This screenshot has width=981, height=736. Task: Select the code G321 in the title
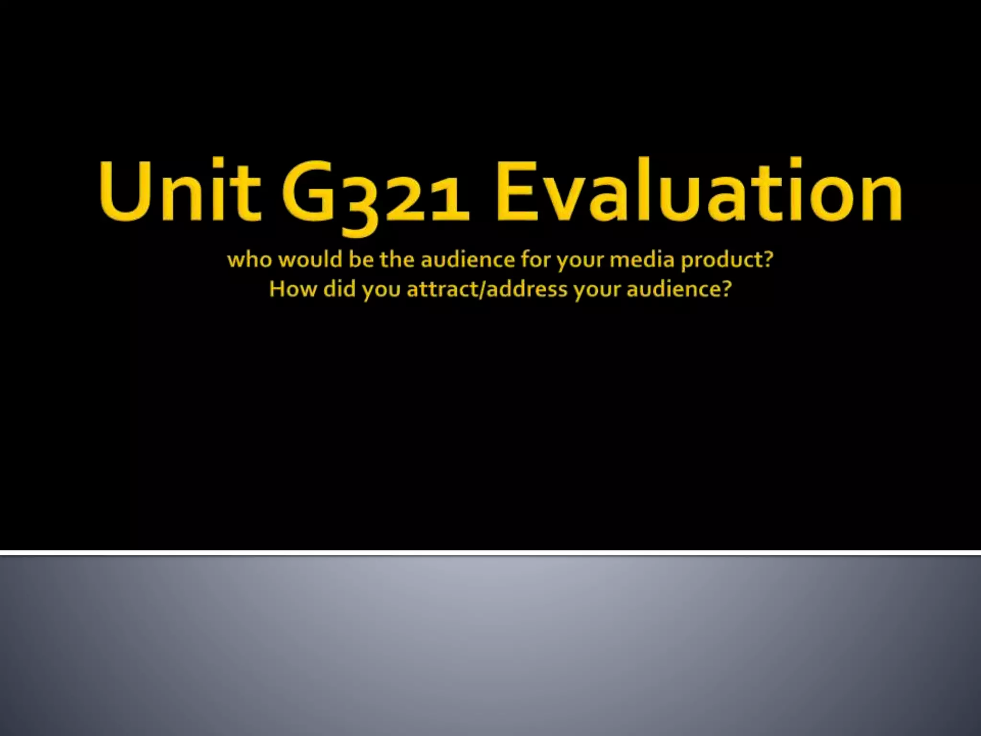[x=375, y=194]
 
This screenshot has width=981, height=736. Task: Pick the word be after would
[x=361, y=260]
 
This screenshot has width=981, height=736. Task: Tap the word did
[x=339, y=289]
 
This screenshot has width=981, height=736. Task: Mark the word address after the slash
[x=527, y=289]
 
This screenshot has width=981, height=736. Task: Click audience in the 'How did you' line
[x=674, y=289]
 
